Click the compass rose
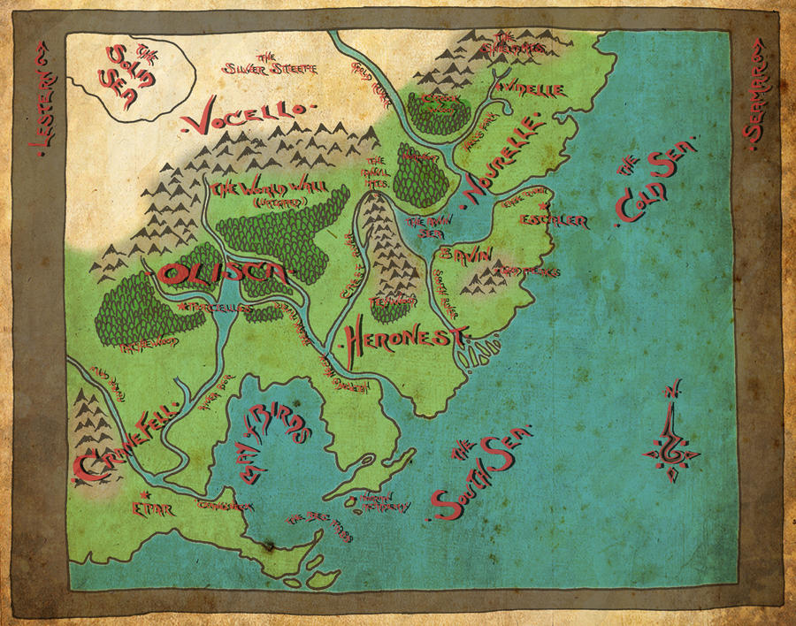tap(675, 435)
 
